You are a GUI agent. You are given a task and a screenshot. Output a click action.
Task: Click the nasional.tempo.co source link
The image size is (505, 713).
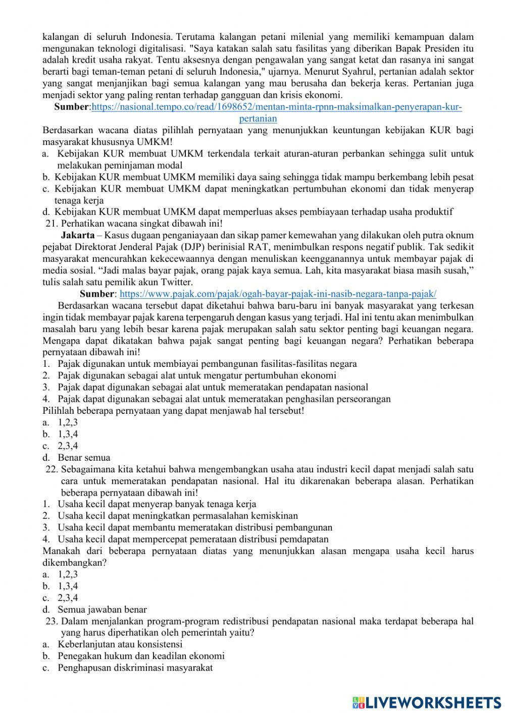pyautogui.click(x=277, y=107)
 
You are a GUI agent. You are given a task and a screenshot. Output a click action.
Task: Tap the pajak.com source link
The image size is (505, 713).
pyautogui.click(x=278, y=294)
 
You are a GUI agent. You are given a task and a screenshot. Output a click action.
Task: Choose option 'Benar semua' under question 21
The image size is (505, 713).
pyautogui.click(x=83, y=458)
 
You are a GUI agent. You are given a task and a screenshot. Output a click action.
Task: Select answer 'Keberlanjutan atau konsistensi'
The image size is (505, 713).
pyautogui.click(x=120, y=644)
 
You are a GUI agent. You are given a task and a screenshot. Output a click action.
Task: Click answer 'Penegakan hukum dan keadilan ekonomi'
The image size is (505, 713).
pyautogui.click(x=140, y=656)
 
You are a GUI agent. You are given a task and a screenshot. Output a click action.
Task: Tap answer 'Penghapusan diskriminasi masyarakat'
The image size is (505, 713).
pyautogui.click(x=134, y=668)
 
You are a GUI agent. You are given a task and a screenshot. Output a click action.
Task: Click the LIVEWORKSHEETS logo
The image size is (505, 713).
pyautogui.click(x=427, y=701)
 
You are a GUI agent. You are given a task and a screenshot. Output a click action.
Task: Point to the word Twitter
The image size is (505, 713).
pyautogui.click(x=177, y=282)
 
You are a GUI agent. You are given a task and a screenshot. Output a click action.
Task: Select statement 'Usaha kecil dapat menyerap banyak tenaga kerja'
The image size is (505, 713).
pyautogui.click(x=157, y=504)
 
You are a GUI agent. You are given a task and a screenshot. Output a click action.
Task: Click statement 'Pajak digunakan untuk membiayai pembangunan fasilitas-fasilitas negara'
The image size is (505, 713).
pyautogui.click(x=207, y=364)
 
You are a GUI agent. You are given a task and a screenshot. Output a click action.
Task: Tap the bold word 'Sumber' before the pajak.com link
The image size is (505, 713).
pyautogui.click(x=97, y=294)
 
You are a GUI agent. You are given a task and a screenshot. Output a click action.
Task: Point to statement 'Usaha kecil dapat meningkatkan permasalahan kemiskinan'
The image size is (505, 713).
pyautogui.click(x=177, y=516)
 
